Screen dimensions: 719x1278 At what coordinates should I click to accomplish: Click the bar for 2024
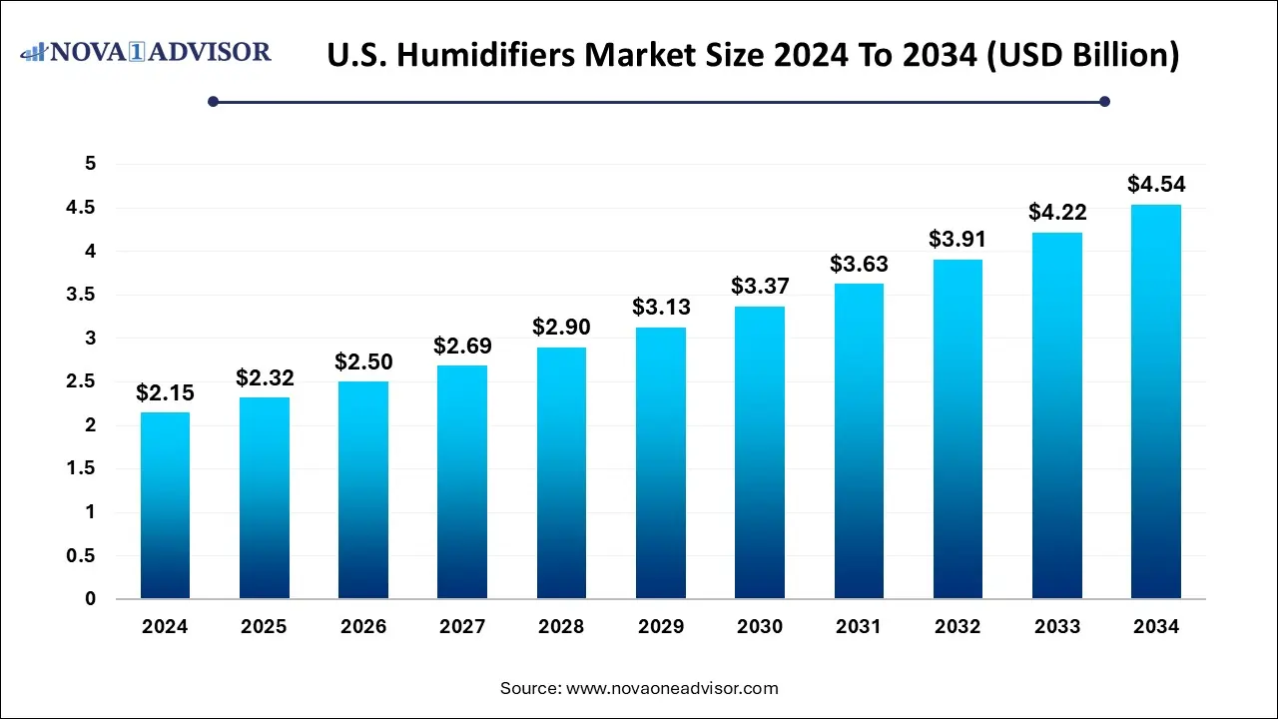165,505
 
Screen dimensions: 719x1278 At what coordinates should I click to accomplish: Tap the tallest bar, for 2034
1156,401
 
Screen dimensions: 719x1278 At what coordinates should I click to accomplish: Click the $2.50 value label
362,361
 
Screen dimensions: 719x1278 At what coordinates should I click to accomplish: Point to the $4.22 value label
1057,212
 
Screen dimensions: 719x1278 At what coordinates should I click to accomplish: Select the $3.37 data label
759,287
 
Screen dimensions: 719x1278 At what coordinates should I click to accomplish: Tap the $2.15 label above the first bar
165,393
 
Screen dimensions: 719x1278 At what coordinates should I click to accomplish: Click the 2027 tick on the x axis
461,627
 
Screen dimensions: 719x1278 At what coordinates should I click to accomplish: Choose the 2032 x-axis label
958,627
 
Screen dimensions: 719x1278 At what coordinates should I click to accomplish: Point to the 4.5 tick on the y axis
81,208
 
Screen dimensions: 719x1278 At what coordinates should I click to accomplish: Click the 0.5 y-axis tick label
81,556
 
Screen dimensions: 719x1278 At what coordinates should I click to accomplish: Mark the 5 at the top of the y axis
89,164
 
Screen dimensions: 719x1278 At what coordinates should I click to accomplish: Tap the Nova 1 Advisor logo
146,51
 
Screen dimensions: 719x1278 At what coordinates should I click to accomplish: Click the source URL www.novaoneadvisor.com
672,688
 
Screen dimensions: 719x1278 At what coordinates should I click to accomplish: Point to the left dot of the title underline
213,101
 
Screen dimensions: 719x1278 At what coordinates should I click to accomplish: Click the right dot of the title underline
1104,101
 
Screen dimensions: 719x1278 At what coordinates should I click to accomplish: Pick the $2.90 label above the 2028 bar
560,328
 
